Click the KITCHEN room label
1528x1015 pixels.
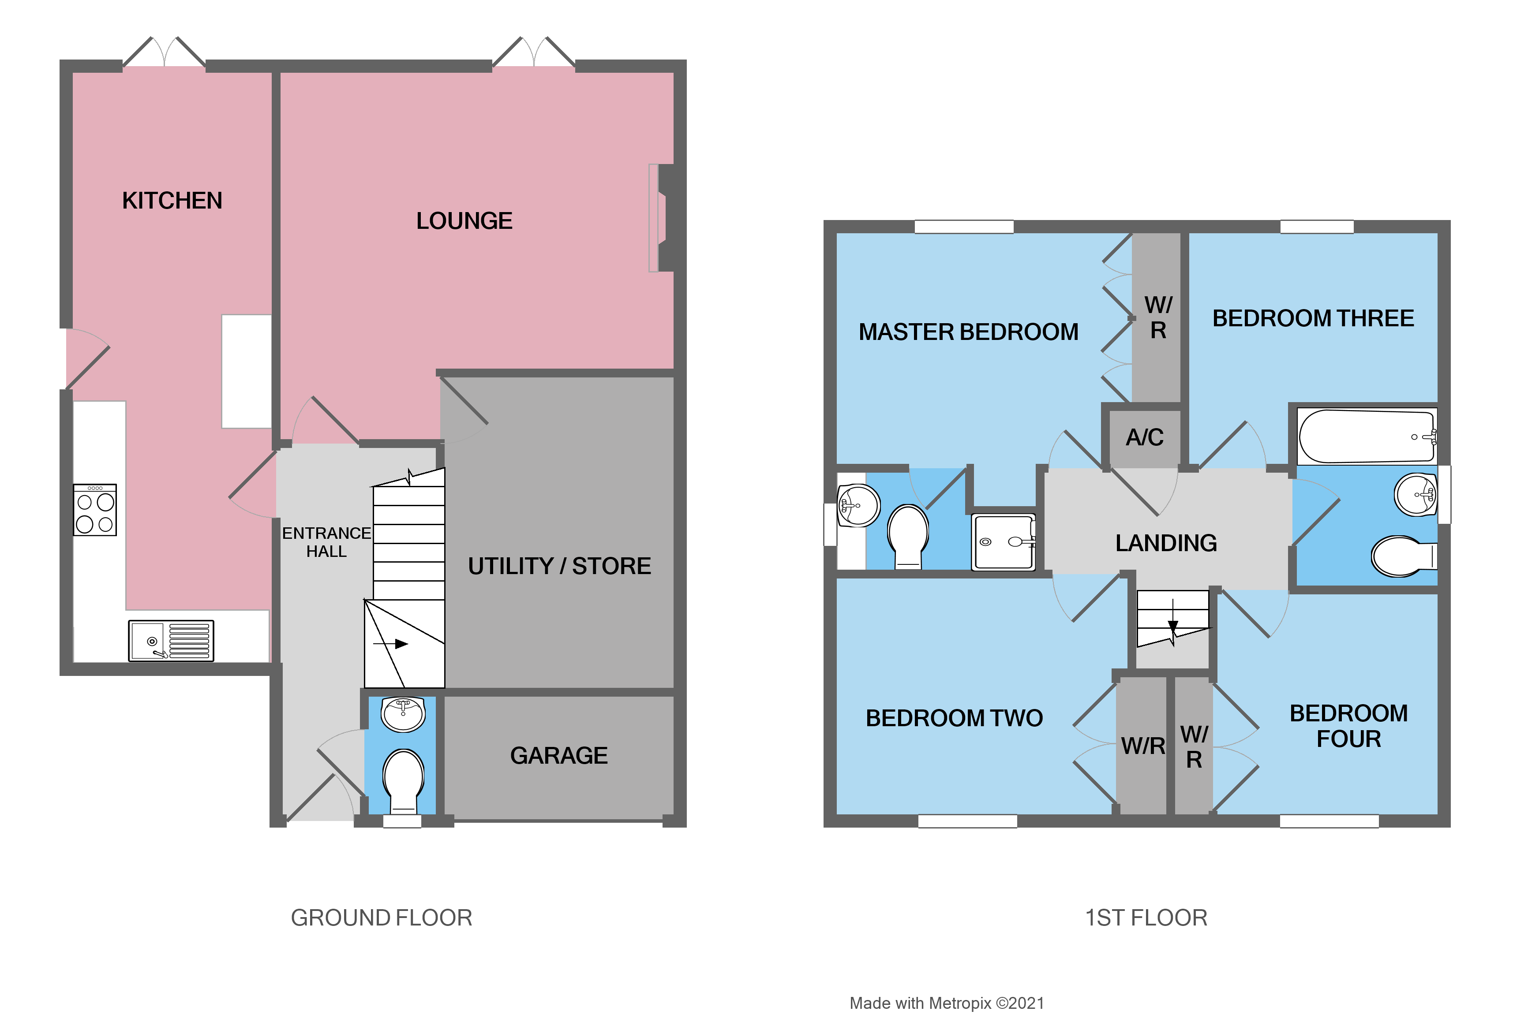click(x=172, y=201)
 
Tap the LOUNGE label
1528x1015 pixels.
click(x=464, y=221)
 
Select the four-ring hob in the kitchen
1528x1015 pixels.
click(x=95, y=510)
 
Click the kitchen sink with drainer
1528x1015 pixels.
click(x=171, y=640)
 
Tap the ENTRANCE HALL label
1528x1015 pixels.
click(x=326, y=542)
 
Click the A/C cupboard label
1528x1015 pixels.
click(x=1144, y=437)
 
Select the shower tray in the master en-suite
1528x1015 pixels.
click(x=1003, y=542)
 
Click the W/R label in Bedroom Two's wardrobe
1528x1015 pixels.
click(x=1143, y=746)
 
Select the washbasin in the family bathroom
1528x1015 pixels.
click(x=1416, y=495)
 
